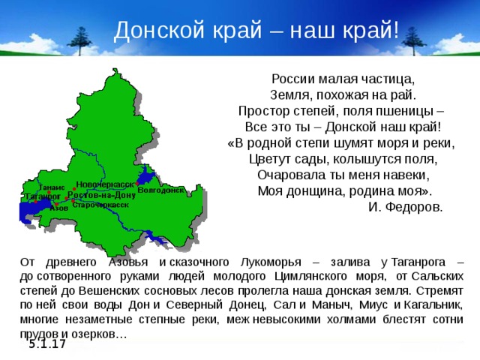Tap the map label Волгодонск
tap(160, 190)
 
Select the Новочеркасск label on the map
tap(105, 183)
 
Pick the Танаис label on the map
tap(50, 186)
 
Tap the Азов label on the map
tap(58, 208)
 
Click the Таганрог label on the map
tap(43, 196)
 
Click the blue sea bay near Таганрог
tap(28, 211)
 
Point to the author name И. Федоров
tap(405, 205)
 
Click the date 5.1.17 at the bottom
tap(47, 343)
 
